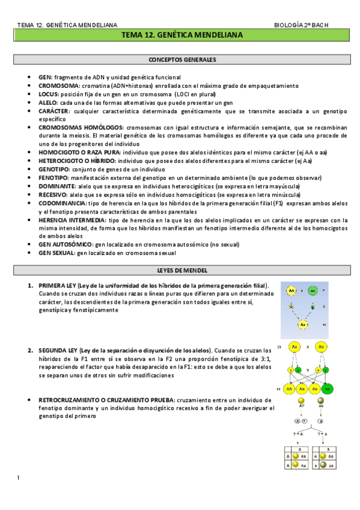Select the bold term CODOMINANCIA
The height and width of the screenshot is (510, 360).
point(62,203)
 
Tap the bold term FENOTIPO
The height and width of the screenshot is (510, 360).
point(53,178)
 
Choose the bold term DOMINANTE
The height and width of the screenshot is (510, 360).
point(55,186)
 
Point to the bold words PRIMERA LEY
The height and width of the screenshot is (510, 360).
point(58,285)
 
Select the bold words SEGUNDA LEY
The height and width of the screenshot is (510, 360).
point(58,350)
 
